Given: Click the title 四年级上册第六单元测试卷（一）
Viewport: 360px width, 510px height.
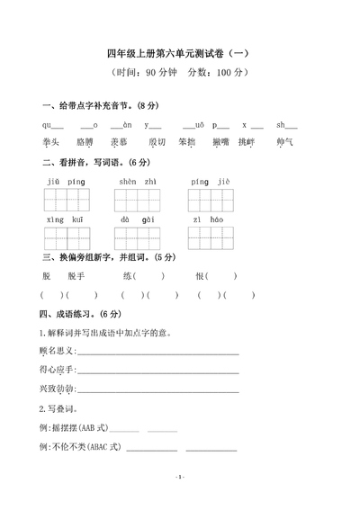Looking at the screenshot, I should (x=181, y=53).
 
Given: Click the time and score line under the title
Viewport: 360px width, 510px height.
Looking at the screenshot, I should (x=180, y=75).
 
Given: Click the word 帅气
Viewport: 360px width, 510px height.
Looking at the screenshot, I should (x=286, y=142).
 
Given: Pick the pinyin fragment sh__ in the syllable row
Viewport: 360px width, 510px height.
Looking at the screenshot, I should (x=286, y=125).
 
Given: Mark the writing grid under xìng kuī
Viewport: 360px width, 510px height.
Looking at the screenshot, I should (x=67, y=237).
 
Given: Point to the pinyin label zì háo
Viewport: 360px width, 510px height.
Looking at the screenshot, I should (x=207, y=219).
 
